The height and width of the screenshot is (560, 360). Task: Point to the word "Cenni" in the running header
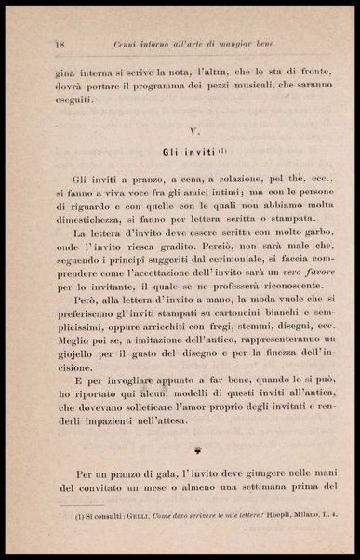coord(127,18)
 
